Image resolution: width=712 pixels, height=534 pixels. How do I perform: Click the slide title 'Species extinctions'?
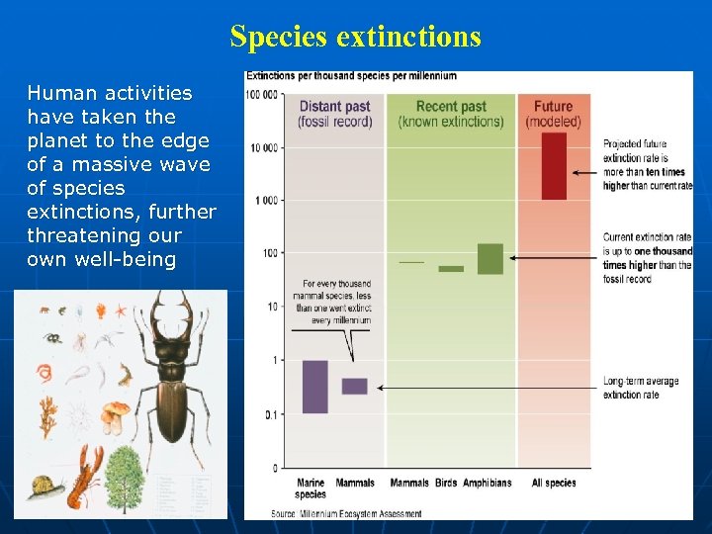[x=355, y=37]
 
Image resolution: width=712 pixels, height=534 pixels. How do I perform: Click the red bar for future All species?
[x=554, y=166]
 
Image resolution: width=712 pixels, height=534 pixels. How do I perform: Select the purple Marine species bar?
[x=314, y=387]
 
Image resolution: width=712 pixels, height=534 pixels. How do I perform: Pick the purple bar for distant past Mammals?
[x=354, y=386]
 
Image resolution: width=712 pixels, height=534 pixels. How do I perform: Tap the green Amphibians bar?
[x=489, y=259]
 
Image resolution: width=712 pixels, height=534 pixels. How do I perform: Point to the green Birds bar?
[x=451, y=268]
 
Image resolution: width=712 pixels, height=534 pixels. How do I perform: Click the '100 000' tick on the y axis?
[x=262, y=95]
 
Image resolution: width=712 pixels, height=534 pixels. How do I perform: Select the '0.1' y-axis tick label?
[x=270, y=413]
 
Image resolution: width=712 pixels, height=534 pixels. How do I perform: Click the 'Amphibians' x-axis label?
[x=488, y=483]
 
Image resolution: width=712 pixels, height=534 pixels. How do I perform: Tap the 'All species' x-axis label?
[x=554, y=483]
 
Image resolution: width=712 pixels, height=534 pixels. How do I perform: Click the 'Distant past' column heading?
[x=334, y=114]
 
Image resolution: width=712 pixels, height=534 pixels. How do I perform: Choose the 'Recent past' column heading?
[x=450, y=114]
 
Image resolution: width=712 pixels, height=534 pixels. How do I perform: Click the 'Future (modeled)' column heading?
[x=553, y=114]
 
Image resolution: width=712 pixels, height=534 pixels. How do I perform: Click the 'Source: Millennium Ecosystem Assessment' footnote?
[x=346, y=513]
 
